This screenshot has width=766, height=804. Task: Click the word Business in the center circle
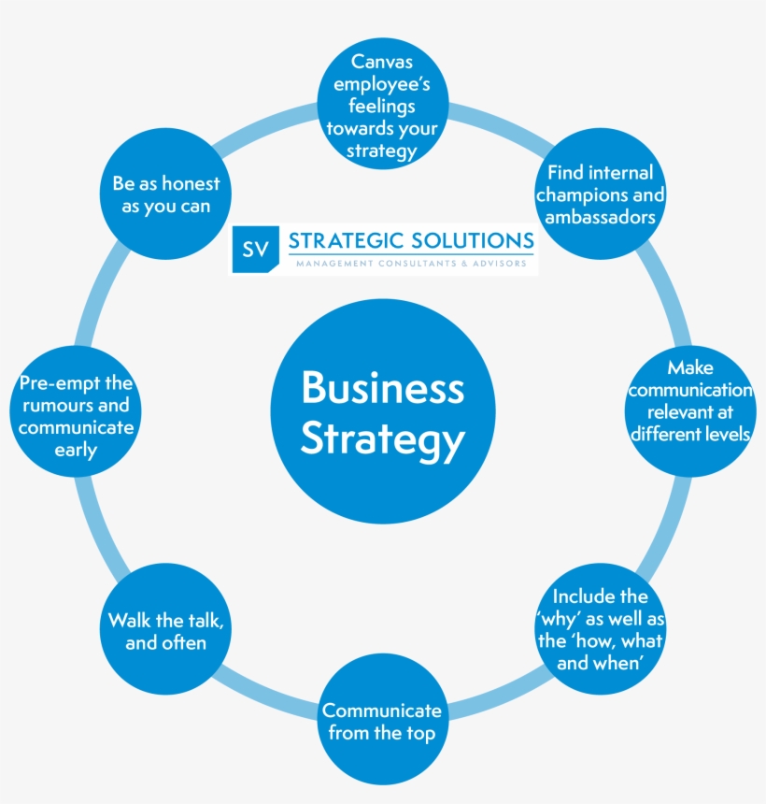(x=382, y=388)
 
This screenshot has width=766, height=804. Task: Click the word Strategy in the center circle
(x=382, y=439)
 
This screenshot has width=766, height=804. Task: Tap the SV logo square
(x=254, y=249)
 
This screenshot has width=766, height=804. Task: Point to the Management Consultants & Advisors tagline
(x=411, y=264)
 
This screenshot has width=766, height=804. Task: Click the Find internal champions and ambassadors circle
(x=601, y=194)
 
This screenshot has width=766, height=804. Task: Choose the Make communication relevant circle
(x=690, y=401)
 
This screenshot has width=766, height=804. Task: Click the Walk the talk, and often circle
(x=165, y=631)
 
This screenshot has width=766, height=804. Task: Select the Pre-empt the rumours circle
(x=76, y=417)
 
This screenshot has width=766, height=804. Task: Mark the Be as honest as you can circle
(x=165, y=194)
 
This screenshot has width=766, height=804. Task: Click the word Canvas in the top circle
(x=382, y=62)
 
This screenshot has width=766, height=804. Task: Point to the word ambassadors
(x=601, y=217)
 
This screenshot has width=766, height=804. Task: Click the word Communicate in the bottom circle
(x=382, y=711)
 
